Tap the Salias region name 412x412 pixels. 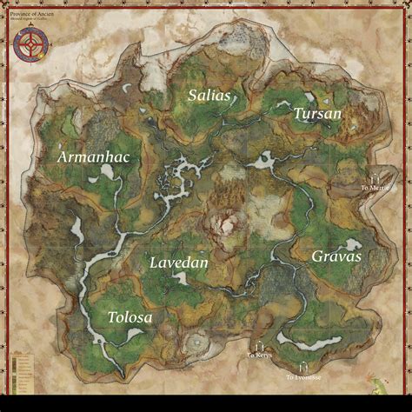(x=209, y=96)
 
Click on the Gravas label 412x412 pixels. (x=336, y=256)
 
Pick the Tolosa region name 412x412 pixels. (x=130, y=318)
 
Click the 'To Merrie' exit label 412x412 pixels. (x=375, y=187)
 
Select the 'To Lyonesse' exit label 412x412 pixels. (x=302, y=377)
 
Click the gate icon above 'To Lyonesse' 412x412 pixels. (x=302, y=368)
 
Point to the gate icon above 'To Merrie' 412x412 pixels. (x=375, y=176)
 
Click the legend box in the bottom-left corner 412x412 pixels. (x=20, y=369)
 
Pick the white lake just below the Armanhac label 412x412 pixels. (x=110, y=173)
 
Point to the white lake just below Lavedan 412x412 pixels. (x=183, y=279)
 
